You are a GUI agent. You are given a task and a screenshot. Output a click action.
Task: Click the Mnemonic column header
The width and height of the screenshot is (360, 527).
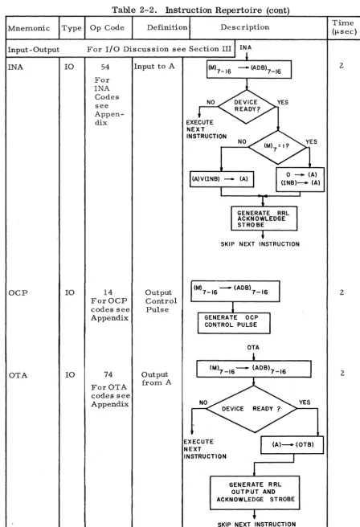(x=29, y=28)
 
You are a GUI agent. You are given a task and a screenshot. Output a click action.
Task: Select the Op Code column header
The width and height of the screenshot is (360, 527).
(x=107, y=28)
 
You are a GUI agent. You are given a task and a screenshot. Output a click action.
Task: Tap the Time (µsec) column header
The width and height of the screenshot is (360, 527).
(x=344, y=27)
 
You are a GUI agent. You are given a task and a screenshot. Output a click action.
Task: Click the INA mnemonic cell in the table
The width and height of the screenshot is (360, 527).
(x=15, y=67)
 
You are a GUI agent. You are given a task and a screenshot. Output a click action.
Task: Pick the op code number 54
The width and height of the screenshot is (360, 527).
(x=105, y=67)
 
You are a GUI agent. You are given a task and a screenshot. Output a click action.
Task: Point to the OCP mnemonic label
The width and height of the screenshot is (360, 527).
(x=18, y=292)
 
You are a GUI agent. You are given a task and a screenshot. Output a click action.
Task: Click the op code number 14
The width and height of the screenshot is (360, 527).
(x=108, y=292)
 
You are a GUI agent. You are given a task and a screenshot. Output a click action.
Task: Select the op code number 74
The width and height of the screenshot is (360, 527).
(x=108, y=374)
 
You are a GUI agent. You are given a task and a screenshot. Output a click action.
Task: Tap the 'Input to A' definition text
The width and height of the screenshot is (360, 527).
(x=154, y=67)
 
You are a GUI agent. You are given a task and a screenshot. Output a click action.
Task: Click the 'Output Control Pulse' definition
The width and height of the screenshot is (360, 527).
(x=161, y=300)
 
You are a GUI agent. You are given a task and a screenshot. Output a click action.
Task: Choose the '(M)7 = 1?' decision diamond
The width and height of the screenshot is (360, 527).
(x=277, y=147)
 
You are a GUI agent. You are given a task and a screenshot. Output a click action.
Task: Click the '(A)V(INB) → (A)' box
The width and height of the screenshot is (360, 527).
(x=222, y=179)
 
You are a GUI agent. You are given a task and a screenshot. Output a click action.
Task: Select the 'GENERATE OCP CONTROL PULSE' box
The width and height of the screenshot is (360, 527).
(x=234, y=323)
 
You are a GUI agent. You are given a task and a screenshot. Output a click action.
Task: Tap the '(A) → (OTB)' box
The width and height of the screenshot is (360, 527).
(x=292, y=445)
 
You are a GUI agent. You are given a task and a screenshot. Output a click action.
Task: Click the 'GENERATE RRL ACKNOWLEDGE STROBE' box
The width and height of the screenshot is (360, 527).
(x=264, y=219)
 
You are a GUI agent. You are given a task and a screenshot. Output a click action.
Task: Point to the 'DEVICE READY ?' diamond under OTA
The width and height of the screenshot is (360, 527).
(x=252, y=409)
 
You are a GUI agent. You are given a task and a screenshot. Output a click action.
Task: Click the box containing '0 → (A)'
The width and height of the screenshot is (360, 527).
(x=301, y=179)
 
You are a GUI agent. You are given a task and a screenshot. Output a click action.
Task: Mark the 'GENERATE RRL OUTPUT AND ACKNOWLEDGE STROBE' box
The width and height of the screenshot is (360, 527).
(x=255, y=492)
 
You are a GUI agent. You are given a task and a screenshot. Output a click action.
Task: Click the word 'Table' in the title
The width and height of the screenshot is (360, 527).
(x=123, y=10)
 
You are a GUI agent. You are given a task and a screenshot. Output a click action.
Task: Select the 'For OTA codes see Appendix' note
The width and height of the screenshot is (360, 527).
(x=110, y=395)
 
